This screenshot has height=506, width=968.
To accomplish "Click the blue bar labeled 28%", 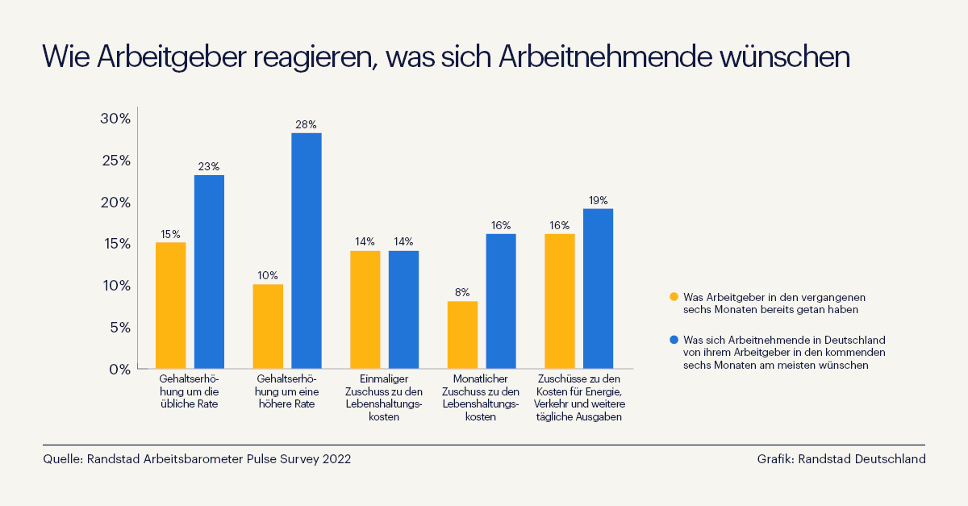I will (307, 251).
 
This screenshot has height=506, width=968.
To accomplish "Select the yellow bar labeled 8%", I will (462, 335).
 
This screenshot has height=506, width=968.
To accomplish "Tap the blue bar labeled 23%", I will (209, 272).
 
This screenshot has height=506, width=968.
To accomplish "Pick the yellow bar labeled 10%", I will (268, 327).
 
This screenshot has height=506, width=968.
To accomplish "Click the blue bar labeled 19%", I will (598, 289).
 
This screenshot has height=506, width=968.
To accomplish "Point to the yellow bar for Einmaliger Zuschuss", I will (365, 310).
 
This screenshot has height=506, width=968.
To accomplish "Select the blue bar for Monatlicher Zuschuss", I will (501, 301).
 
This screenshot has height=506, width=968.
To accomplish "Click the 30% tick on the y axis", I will (115, 119).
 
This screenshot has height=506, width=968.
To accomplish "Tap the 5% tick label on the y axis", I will (119, 328).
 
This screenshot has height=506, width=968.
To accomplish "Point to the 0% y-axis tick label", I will (119, 370).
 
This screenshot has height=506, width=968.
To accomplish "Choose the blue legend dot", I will (674, 341).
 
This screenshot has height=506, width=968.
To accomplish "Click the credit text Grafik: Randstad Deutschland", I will (841, 459).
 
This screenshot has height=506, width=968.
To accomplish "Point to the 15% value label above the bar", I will (170, 234).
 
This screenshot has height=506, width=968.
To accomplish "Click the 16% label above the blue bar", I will (501, 225).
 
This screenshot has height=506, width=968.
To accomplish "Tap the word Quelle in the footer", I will (63, 459).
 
